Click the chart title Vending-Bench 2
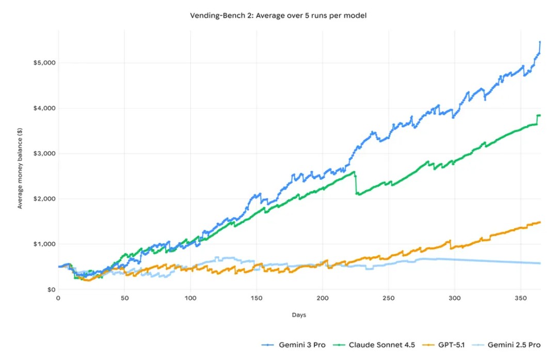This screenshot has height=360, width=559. tap(279, 16)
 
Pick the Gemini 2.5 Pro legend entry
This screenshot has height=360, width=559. tap(509, 345)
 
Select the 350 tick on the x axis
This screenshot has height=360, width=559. tap(521, 298)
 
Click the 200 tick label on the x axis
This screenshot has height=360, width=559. tap(323, 298)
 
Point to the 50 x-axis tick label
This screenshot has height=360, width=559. tap(124, 298)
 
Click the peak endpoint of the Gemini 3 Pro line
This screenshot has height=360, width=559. tap(540, 42)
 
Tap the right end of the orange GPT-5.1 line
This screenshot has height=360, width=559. tap(540, 222)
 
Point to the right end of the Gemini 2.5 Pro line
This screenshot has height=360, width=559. tap(540, 263)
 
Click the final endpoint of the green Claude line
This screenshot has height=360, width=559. tap(540, 115)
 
